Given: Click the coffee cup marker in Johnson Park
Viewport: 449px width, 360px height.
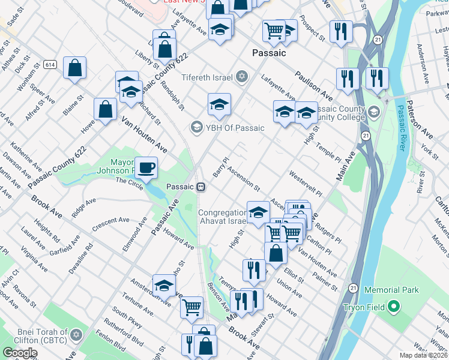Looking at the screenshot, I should tap(146, 168).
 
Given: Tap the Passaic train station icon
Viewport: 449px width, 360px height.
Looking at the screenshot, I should tap(202, 187).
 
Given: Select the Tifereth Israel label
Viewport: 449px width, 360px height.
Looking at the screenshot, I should tap(209, 77).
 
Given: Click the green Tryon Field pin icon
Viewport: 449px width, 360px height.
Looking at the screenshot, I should tap(393, 307).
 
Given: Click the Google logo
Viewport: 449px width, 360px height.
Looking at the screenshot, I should tap(20, 353).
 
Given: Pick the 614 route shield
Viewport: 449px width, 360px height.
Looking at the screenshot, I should tap(50, 64).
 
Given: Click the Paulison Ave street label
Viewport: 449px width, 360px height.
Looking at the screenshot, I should tap(313, 86).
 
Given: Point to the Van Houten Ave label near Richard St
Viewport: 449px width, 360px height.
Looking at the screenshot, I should tap(144, 134).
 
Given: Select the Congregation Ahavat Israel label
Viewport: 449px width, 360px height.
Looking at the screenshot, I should tap(222, 217).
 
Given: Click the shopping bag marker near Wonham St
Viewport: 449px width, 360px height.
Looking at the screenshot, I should tap(74, 68).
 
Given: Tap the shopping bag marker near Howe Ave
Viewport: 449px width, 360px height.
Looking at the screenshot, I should tap(105, 110).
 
